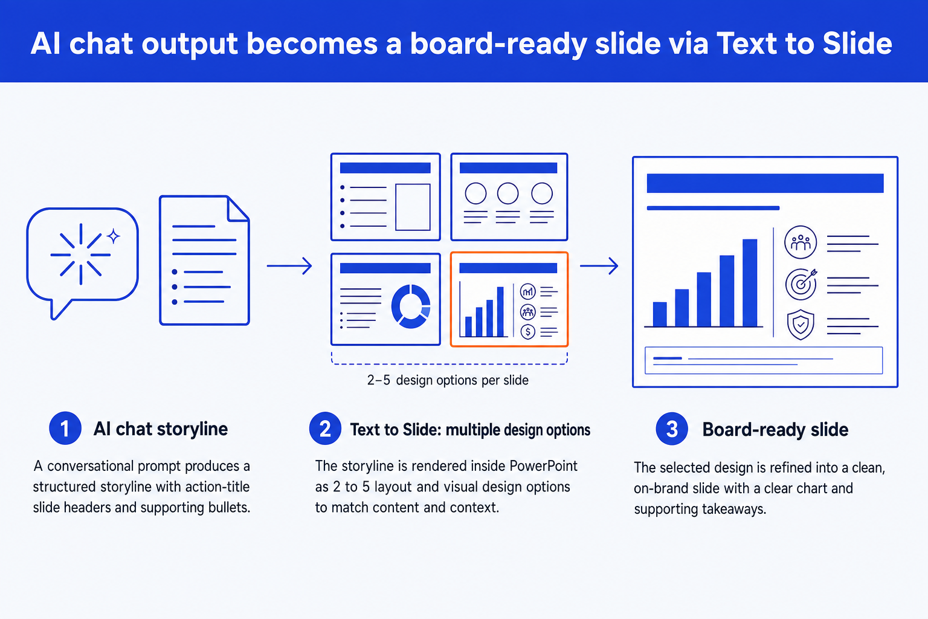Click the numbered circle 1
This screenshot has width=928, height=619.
[x=65, y=429]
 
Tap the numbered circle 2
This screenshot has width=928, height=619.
[x=325, y=429]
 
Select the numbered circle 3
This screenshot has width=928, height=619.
[x=672, y=429]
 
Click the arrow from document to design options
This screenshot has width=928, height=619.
[x=289, y=266]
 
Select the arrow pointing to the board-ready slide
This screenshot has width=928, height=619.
[x=599, y=266]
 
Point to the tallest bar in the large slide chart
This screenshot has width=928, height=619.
[x=750, y=283]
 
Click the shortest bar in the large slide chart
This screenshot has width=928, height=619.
[x=660, y=314]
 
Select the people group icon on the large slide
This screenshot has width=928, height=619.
[x=801, y=242]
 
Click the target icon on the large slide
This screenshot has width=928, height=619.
[x=801, y=284]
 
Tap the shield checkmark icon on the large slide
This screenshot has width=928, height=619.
[x=801, y=325]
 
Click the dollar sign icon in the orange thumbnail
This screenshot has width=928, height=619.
[x=528, y=332]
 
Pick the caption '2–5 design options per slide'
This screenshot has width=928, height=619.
[x=448, y=380]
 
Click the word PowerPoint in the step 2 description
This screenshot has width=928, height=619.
[x=543, y=466]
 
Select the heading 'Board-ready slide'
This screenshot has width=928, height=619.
[x=775, y=430]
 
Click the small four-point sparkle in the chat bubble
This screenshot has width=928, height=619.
[x=114, y=236]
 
